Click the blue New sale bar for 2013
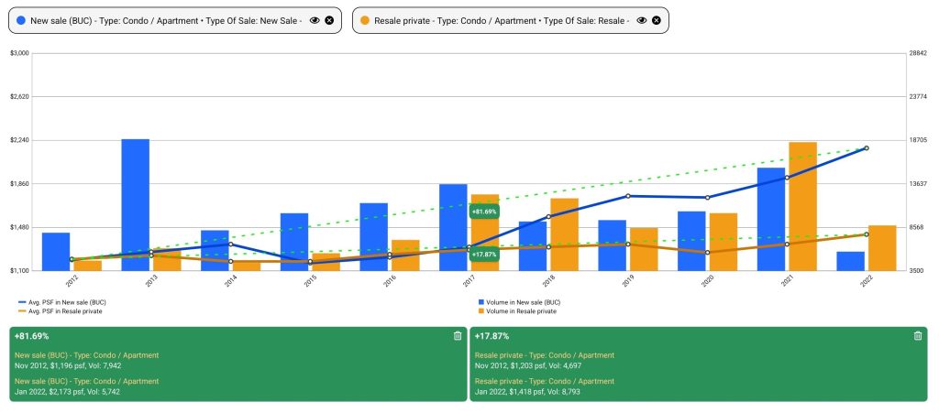coord(135,204)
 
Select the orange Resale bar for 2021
coord(802,206)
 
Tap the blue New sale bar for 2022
coord(850,261)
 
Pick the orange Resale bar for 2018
coord(564,234)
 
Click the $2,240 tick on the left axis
coord(19,140)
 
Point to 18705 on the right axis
coord(917,140)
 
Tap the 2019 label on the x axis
coord(628,282)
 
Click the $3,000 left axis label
coord(19,53)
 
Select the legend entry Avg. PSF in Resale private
coord(66,311)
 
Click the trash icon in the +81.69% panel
coord(458,336)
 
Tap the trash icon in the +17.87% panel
coord(918,336)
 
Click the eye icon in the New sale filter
coord(315,19)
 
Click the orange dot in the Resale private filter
coord(366,19)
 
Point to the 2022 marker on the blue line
coord(867,148)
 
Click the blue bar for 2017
coord(453,227)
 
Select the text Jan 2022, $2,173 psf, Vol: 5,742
coord(67,391)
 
